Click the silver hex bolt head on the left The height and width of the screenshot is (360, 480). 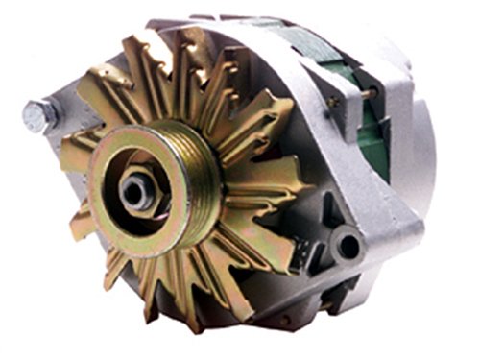click(36, 116)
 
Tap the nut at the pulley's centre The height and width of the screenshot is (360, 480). click(135, 189)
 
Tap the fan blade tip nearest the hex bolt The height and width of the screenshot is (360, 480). click(72, 134)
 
